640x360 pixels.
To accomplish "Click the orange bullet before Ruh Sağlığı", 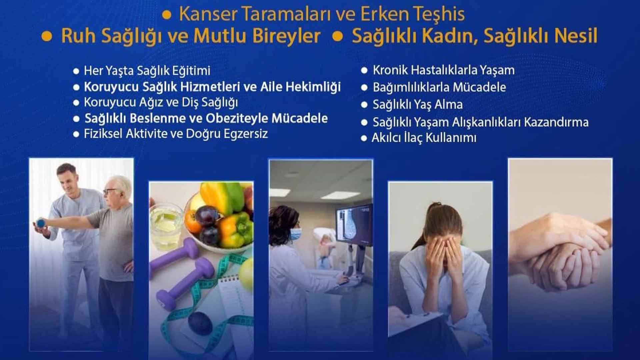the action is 47,36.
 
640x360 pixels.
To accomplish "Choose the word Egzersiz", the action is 246,134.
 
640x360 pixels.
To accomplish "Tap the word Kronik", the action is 390,70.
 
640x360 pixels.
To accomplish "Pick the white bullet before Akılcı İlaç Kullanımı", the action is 364,138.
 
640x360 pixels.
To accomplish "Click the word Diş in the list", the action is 190,102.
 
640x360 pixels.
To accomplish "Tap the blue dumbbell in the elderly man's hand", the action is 41,223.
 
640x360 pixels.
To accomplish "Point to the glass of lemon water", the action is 166,227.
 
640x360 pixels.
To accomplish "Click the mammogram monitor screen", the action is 354,225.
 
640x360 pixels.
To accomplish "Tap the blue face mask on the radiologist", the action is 295,234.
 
